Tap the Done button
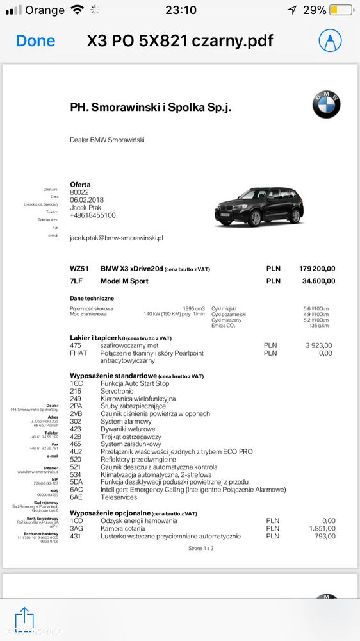pos(35,41)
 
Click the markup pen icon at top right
pos(330,41)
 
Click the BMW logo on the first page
pos(326,104)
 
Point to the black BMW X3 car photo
pos(259,206)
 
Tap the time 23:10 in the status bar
pos(181,10)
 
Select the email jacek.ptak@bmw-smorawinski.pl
pos(117,237)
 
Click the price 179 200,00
pos(317,269)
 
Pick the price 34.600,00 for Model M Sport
pos(318,281)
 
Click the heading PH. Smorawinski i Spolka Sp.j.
pos(151,107)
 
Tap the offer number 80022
pos(79,192)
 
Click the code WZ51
pos(79,269)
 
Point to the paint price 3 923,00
pos(319,345)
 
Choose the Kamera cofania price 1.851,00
pos(320,528)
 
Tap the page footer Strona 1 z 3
pos(200,549)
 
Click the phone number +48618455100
pos(93,215)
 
